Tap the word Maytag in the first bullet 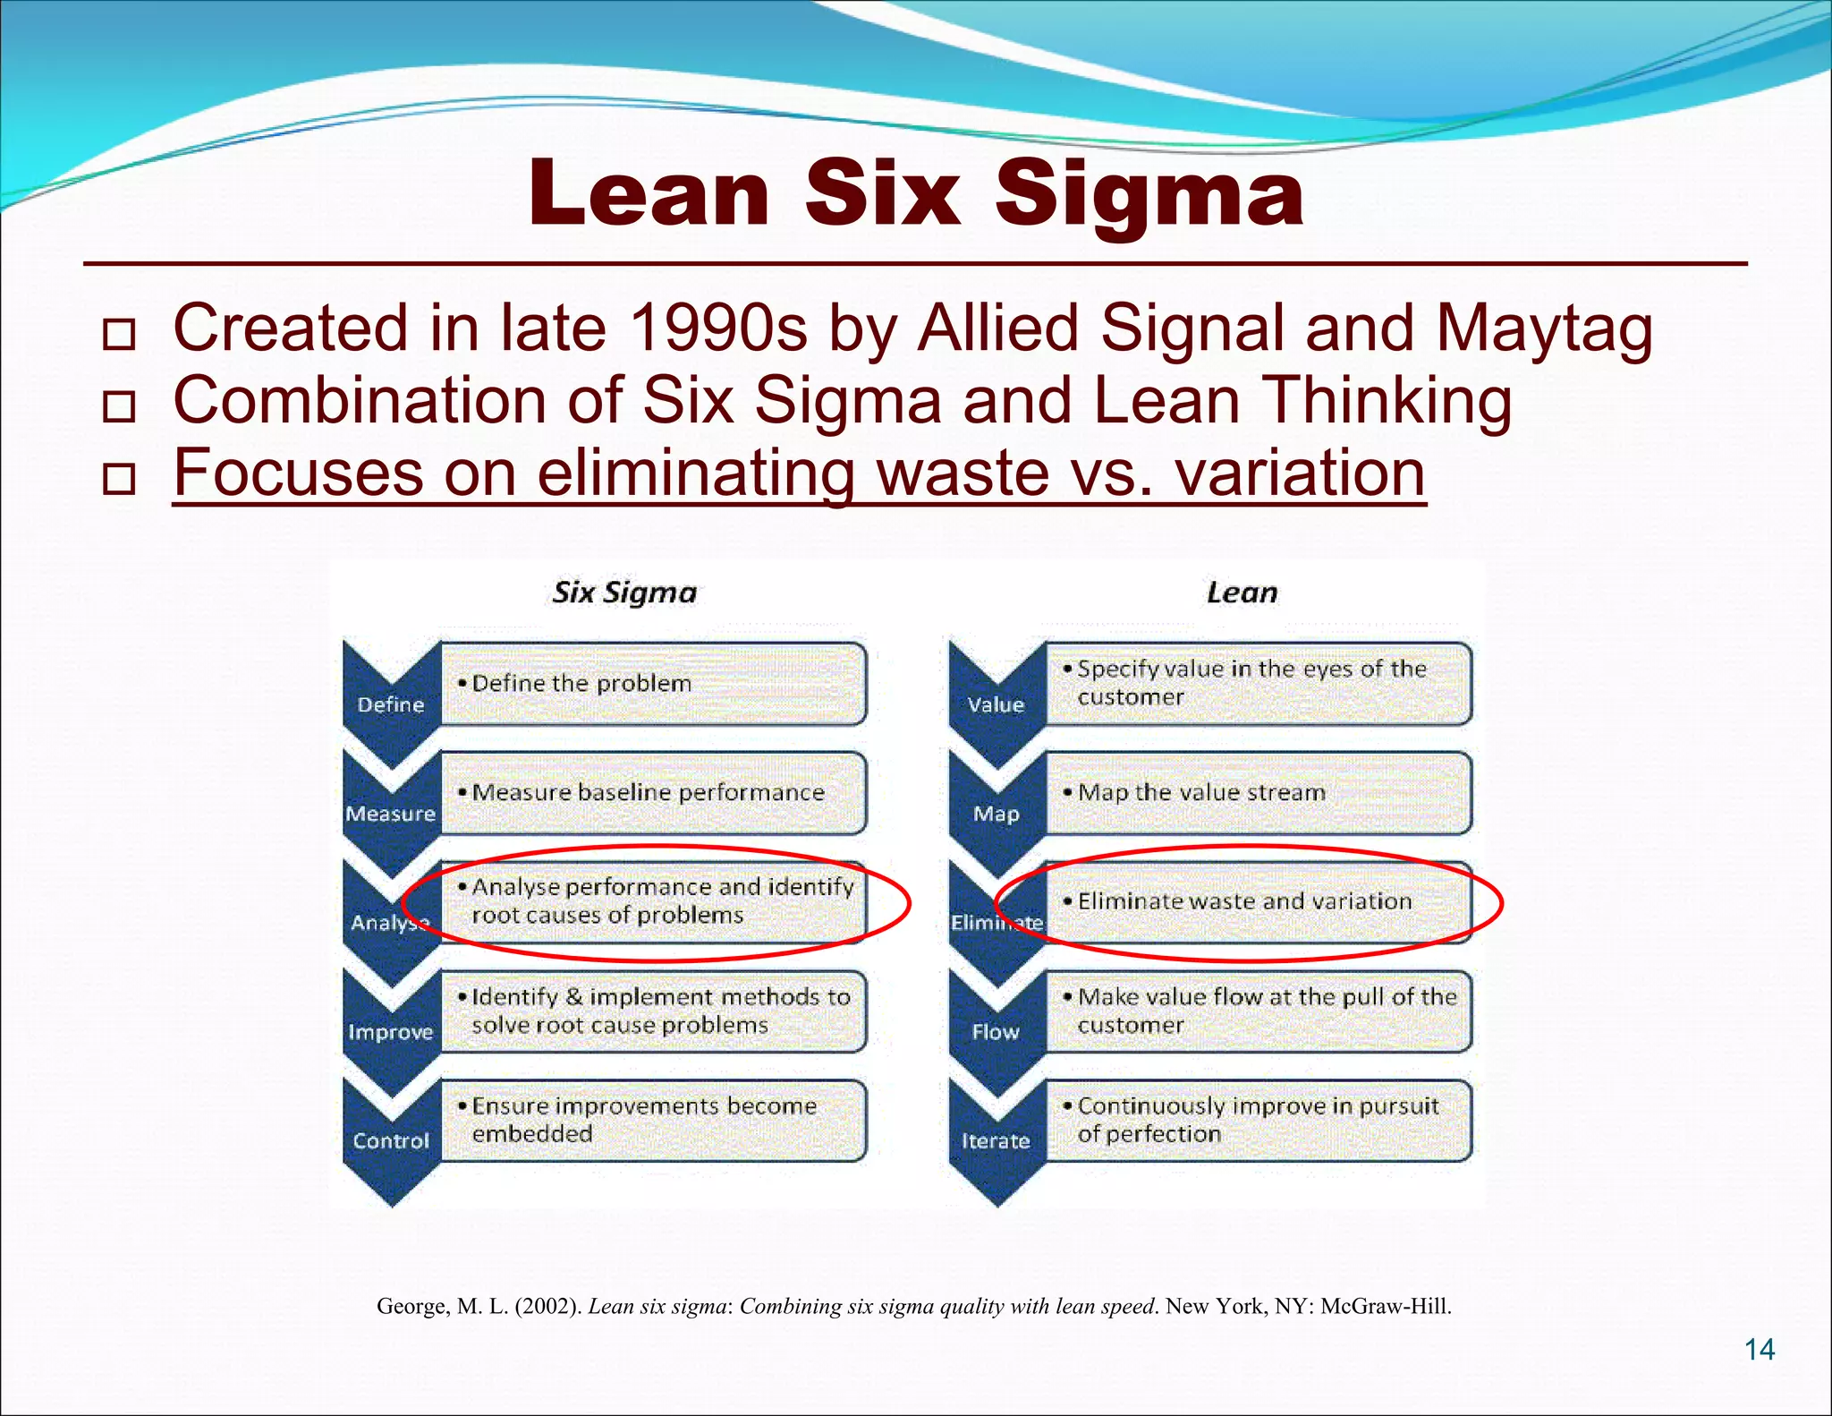pyautogui.click(x=1544, y=328)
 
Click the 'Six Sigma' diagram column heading pyautogui.click(x=624, y=593)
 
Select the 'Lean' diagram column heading pyautogui.click(x=1242, y=593)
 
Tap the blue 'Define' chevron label pyautogui.click(x=391, y=704)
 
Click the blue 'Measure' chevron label pyautogui.click(x=391, y=814)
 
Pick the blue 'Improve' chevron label pyautogui.click(x=391, y=1032)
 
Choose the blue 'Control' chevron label pyautogui.click(x=391, y=1141)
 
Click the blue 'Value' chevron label pyautogui.click(x=996, y=704)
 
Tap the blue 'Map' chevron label pyautogui.click(x=996, y=814)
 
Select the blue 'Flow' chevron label pyautogui.click(x=996, y=1032)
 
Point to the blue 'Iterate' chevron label pyautogui.click(x=996, y=1141)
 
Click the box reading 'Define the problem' pyautogui.click(x=653, y=684)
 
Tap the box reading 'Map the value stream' pyautogui.click(x=1258, y=793)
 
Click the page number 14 pyautogui.click(x=1760, y=1349)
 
